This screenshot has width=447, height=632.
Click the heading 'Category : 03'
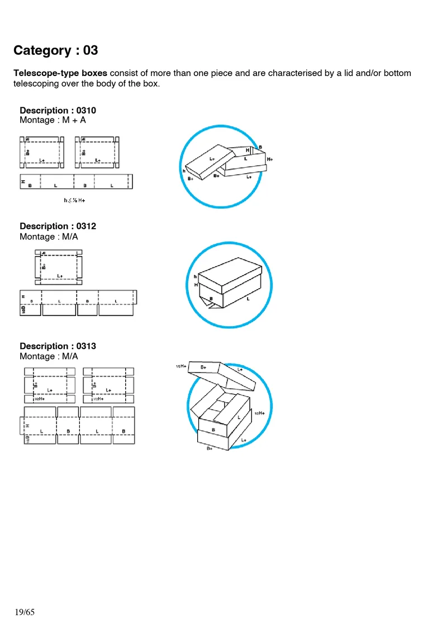(55, 50)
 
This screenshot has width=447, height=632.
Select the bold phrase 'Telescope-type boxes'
(60, 73)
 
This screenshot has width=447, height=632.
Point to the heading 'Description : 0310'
(58, 110)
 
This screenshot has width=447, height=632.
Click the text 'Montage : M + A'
(53, 120)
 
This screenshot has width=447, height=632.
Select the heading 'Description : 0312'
(58, 226)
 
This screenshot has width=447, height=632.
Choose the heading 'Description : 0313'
(58, 346)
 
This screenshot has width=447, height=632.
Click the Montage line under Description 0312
(49, 237)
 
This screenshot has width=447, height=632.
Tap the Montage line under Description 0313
(49, 356)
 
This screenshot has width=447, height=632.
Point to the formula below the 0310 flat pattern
(78, 200)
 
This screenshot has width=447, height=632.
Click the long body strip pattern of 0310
(76, 182)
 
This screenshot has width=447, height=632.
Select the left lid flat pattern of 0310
(42, 152)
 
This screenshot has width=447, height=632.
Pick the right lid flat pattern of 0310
(98, 152)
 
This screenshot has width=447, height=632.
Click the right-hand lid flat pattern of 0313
(108, 385)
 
